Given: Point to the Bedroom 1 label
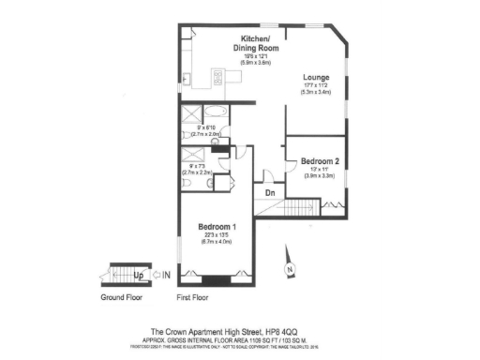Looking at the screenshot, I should click(x=216, y=228).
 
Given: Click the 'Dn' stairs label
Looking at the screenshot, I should click(x=269, y=192).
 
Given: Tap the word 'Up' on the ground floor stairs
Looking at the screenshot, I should click(x=138, y=276).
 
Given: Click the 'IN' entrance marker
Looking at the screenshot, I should click(x=166, y=276).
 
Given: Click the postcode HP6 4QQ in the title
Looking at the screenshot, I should click(x=285, y=331).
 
